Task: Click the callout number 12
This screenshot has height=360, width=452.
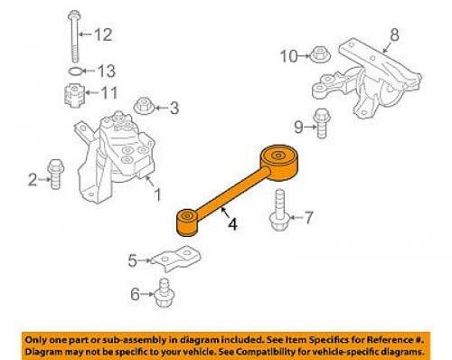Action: tap(103, 34)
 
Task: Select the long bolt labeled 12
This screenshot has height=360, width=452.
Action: tap(74, 36)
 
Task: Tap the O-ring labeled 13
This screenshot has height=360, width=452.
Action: tap(75, 71)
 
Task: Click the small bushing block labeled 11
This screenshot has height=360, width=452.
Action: tap(74, 95)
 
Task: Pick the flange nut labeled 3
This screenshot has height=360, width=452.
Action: tap(144, 106)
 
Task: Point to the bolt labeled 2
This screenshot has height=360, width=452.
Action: tap(55, 174)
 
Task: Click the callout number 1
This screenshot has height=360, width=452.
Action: tap(157, 194)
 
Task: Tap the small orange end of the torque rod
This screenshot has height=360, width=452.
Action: tap(187, 223)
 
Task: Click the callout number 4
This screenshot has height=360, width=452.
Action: tap(232, 224)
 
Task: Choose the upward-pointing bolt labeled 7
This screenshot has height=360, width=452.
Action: tap(280, 211)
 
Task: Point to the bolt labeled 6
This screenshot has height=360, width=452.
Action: tap(165, 293)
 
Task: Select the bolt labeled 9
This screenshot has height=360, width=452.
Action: tap(322, 123)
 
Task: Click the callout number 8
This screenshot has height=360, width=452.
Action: tap(394, 34)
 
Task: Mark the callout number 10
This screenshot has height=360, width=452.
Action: tap(288, 56)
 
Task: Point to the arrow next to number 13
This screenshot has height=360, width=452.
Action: tap(89, 71)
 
